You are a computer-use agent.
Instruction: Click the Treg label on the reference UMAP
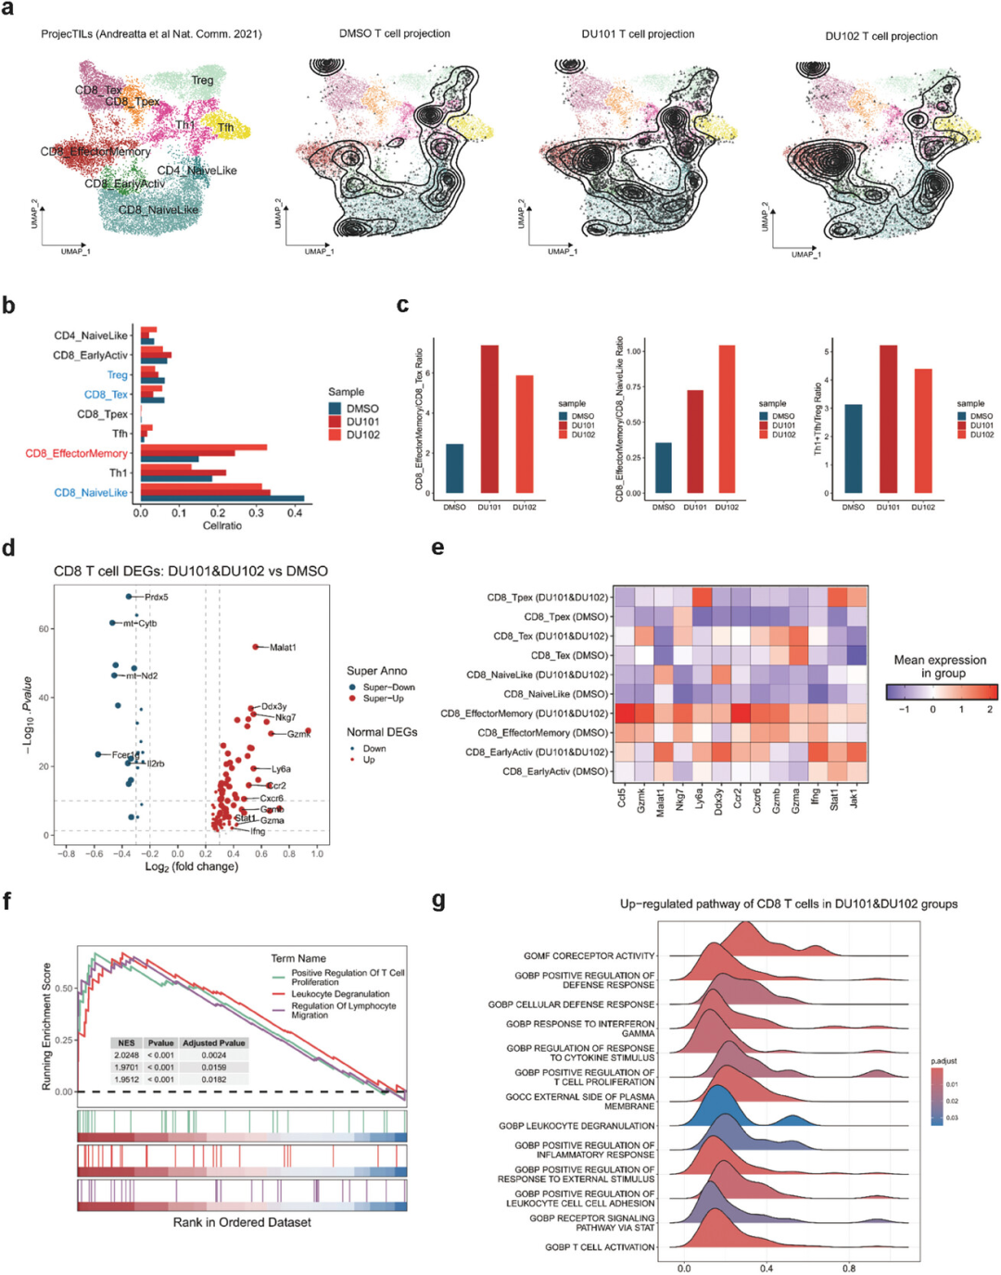click(x=202, y=81)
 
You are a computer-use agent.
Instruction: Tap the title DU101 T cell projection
click(x=638, y=34)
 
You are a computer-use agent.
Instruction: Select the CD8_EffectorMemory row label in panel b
click(x=76, y=453)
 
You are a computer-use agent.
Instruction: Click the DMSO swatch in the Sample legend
click(x=336, y=409)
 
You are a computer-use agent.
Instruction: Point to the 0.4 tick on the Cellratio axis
click(x=295, y=512)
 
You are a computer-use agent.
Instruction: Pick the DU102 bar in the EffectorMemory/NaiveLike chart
click(x=727, y=419)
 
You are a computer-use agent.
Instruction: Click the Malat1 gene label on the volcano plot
click(x=283, y=648)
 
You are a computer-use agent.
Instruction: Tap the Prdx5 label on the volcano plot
click(x=157, y=598)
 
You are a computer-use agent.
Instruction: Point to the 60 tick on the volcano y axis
click(x=44, y=629)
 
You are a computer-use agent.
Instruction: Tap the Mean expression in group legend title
click(x=940, y=666)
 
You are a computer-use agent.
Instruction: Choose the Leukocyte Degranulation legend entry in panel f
click(x=340, y=994)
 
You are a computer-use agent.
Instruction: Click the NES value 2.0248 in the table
click(x=126, y=1055)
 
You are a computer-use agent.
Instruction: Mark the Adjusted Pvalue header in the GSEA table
click(x=214, y=1043)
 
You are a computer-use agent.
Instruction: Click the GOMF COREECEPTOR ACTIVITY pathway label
click(x=589, y=956)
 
